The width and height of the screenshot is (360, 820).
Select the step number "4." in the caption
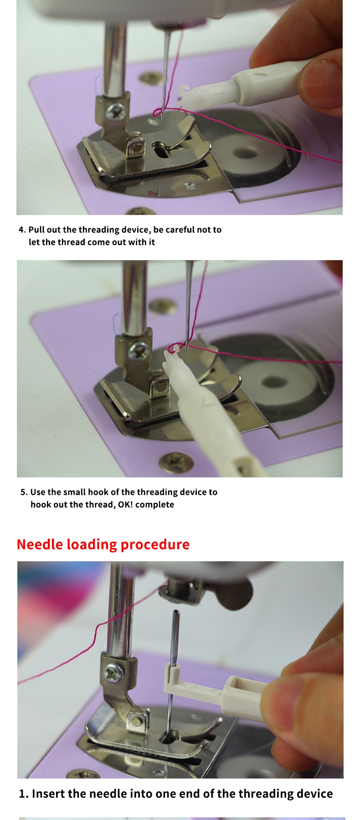coord(22,230)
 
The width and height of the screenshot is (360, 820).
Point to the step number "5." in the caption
coord(24,492)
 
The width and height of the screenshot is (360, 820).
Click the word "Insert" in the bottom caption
coord(48,794)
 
